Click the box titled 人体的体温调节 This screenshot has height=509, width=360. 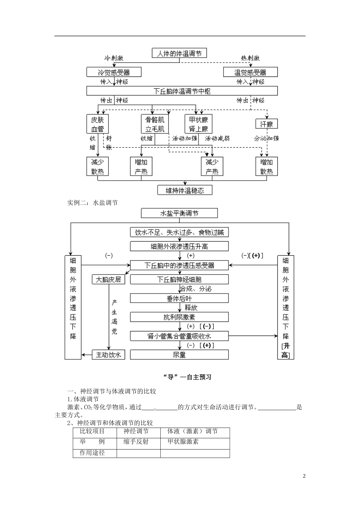click(x=179, y=53)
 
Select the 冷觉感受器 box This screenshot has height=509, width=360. click(x=114, y=72)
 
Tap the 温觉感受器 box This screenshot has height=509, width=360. click(x=250, y=72)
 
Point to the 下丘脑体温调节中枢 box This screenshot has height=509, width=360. click(x=182, y=91)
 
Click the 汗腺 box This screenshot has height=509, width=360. click(x=266, y=124)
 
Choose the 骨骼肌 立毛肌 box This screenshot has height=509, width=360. click(x=155, y=124)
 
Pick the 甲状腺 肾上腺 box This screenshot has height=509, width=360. click(x=198, y=124)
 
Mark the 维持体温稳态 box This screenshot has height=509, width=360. click(x=185, y=190)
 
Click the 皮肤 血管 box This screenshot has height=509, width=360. click(x=97, y=124)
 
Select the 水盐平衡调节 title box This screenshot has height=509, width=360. click(x=179, y=213)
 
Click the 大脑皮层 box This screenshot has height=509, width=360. click(x=108, y=279)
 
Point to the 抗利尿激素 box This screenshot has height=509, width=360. click(x=179, y=317)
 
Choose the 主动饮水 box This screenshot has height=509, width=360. click(x=108, y=354)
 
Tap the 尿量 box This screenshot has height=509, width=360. click(x=179, y=354)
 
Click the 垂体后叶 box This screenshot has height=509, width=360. click(x=179, y=298)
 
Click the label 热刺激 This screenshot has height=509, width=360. click(x=250, y=58)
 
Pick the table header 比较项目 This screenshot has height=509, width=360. click(x=92, y=431)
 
